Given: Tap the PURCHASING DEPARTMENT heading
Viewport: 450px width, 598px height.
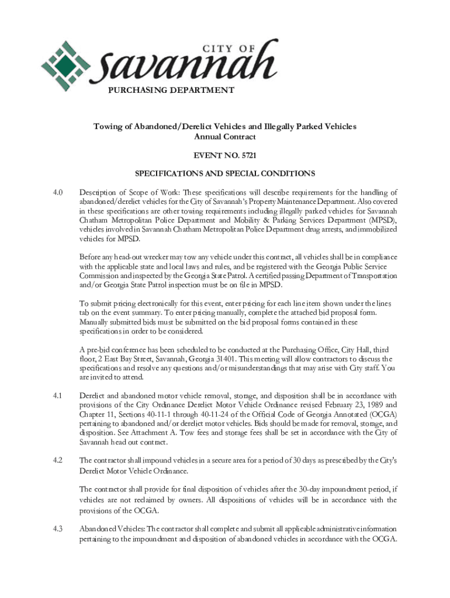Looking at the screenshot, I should point(171,90).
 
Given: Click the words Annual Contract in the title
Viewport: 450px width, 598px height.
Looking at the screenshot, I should point(225,137).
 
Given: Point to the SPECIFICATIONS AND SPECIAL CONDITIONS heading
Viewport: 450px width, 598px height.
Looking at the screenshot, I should point(225,173).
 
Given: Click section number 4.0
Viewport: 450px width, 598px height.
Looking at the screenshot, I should point(57,192).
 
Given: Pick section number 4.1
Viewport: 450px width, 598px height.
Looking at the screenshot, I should point(57,395).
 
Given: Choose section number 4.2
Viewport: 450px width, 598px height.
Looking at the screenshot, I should point(57,460).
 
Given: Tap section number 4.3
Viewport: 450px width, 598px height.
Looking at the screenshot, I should point(57,529).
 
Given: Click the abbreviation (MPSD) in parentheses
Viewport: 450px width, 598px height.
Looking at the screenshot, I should point(383,220).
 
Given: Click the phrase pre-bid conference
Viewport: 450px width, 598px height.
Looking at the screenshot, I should point(113,349).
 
